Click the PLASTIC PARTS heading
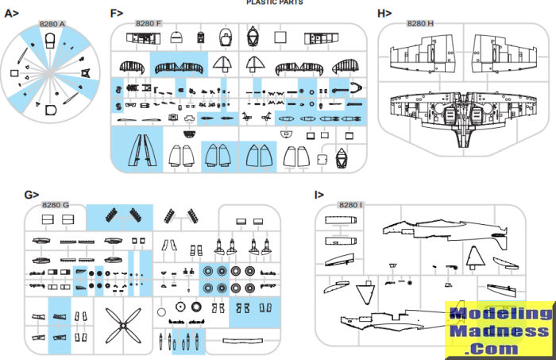(x=275, y=3)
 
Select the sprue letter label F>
(x=117, y=14)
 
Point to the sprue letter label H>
(x=384, y=14)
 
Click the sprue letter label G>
(x=32, y=195)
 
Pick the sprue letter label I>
(x=319, y=195)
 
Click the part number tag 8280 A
(x=52, y=24)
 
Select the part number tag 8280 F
(x=149, y=24)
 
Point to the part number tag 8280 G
(x=55, y=206)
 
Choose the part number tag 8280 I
(x=350, y=206)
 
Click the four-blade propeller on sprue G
(x=122, y=323)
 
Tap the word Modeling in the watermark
(x=500, y=314)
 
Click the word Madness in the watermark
(x=500, y=331)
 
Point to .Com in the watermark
(x=500, y=347)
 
